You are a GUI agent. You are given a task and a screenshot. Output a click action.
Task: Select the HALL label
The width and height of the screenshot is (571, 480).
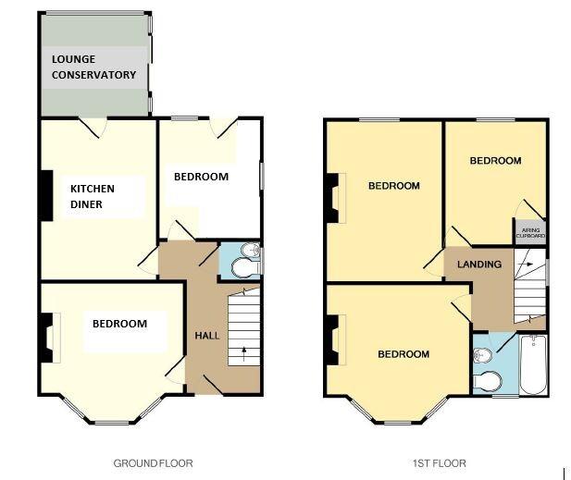point(207,335)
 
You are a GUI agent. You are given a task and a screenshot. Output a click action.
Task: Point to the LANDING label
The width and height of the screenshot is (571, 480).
point(479,265)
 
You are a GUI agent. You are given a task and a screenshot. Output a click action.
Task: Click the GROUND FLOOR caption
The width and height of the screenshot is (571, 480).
point(153,462)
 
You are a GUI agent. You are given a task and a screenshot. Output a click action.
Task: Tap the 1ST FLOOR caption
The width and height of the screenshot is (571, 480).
point(440,462)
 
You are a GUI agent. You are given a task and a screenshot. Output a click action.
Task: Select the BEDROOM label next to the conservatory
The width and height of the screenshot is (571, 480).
point(201,177)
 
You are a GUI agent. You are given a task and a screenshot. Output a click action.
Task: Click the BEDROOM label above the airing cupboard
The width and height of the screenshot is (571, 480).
point(495,161)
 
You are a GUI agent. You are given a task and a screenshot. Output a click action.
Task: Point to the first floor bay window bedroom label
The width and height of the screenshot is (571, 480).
point(403,354)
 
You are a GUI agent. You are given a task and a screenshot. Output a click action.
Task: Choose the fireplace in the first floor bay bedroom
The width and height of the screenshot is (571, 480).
point(331,334)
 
